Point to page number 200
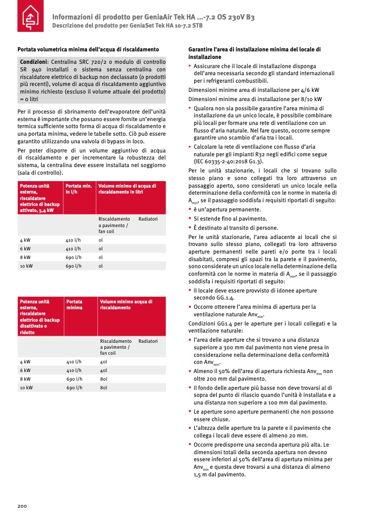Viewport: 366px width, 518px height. (x=22, y=506)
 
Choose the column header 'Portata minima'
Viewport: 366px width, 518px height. (x=75, y=304)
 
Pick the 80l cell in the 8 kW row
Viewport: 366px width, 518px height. (x=104, y=379)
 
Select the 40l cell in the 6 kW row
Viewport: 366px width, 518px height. (x=104, y=370)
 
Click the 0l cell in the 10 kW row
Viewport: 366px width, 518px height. (x=101, y=266)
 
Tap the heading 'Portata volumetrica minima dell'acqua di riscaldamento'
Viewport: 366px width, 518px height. (x=88, y=49)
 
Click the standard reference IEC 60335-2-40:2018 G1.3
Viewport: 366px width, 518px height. (x=228, y=161)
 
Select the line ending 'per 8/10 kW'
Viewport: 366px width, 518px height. (x=255, y=99)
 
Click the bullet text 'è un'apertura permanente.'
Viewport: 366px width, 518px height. (x=227, y=210)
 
